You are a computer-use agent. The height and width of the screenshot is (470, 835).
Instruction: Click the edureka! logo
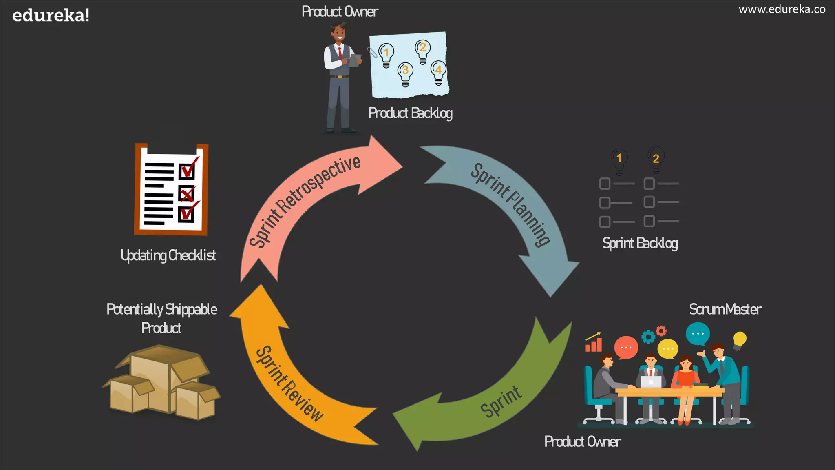(51, 16)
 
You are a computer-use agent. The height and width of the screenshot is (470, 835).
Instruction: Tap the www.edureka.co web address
(782, 9)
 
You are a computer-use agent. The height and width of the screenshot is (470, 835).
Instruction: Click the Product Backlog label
(410, 113)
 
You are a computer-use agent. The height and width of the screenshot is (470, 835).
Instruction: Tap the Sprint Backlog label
(640, 243)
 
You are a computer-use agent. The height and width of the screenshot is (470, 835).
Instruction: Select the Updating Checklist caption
(168, 255)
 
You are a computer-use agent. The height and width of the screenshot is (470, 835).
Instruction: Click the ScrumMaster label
(725, 309)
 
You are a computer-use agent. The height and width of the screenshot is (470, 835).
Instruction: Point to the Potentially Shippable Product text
(161, 318)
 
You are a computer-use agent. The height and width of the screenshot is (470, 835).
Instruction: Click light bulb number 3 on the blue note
(405, 73)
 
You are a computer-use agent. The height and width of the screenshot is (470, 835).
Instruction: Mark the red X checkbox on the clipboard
(187, 194)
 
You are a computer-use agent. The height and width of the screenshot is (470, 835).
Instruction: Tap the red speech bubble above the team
(625, 347)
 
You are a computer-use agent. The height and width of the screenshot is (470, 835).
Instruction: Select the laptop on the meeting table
(651, 382)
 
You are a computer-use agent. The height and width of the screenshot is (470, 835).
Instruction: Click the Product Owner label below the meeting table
(583, 441)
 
